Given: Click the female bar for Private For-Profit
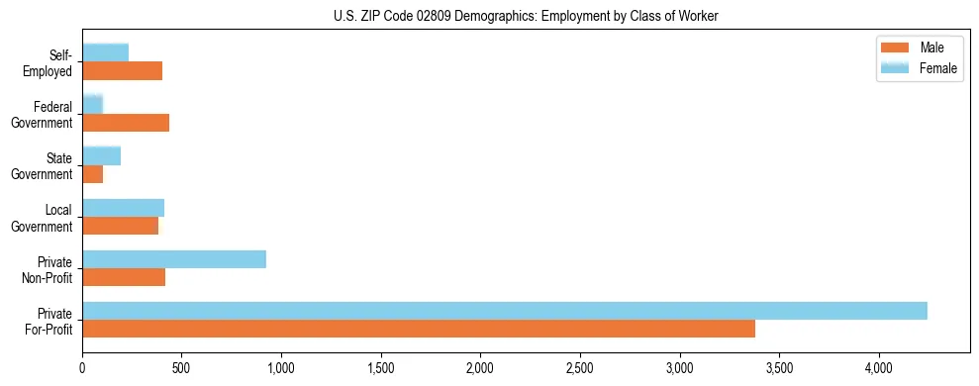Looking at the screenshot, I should coord(505,311).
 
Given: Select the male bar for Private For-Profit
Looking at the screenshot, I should coord(419,329).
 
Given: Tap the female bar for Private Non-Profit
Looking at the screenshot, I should coord(174,259).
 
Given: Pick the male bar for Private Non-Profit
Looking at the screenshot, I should coord(124,277).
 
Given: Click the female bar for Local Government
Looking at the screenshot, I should coord(124,208).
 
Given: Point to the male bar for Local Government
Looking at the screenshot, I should coord(121,226).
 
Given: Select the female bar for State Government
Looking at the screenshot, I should coord(102,155).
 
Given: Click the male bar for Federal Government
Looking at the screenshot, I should coord(126,123).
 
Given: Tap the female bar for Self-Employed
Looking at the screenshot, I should coord(106,52).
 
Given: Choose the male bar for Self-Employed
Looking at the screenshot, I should coord(123,71).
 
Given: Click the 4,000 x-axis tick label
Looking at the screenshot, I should coord(879,369).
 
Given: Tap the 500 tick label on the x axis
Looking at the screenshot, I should coord(181,369).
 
